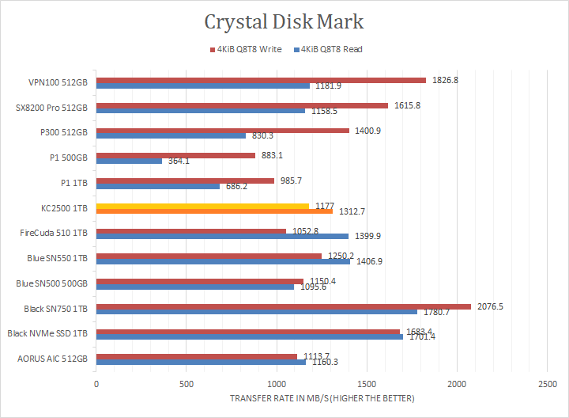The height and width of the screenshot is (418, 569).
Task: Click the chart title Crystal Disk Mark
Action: (284, 21)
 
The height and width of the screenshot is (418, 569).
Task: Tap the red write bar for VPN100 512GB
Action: (261, 80)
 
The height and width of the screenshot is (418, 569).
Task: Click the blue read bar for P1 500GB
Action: (129, 161)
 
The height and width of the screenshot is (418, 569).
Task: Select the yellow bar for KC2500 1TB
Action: (202, 206)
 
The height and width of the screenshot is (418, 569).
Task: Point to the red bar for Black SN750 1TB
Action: (283, 306)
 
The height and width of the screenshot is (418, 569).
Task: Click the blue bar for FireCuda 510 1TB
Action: (222, 236)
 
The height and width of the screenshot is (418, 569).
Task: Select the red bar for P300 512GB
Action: (222, 131)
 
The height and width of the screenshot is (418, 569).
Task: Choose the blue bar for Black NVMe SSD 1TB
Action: (249, 336)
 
